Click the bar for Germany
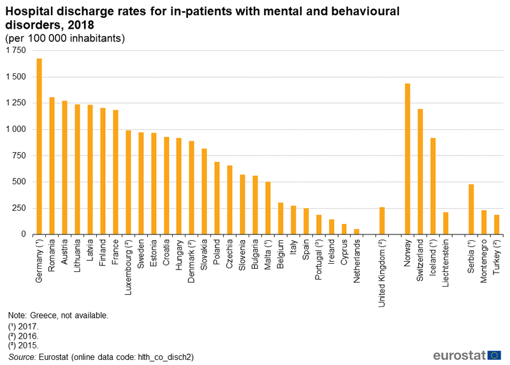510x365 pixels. [39, 147]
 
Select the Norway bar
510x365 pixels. [407, 159]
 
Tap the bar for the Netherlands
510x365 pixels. [356, 232]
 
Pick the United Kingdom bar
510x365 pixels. [382, 220]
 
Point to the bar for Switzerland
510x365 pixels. [420, 171]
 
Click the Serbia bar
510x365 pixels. [471, 210]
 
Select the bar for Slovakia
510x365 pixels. [204, 192]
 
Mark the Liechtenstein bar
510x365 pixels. [446, 224]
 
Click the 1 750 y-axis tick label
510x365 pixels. [15, 50]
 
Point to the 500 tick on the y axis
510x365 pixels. [19, 182]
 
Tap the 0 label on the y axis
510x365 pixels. [24, 234]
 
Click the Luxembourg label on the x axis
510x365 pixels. [129, 267]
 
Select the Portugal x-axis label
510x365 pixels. [319, 260]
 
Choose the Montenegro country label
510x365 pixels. [484, 261]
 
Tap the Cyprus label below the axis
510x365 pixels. [344, 252]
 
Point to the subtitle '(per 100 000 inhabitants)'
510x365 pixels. [65, 38]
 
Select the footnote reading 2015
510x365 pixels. [24, 345]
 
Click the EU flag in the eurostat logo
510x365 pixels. [494, 355]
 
